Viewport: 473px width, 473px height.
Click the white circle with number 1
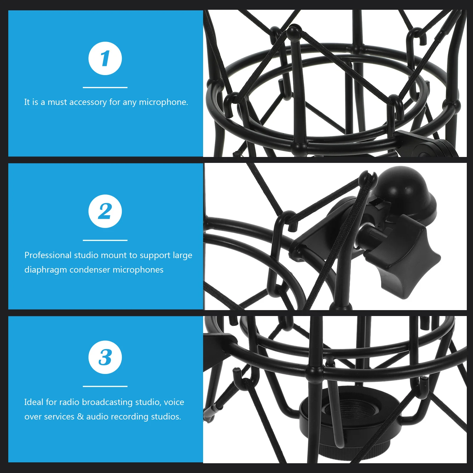tap(105, 59)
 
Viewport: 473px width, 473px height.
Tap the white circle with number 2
tap(105, 211)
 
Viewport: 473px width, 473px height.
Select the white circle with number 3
tap(105, 357)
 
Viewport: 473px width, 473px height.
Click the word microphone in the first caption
tap(163, 102)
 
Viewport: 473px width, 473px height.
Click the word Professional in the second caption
tap(48, 255)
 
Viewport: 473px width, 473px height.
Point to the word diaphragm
tap(46, 270)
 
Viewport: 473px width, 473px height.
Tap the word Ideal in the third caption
tap(34, 402)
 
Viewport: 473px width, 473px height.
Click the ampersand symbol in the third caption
tap(80, 417)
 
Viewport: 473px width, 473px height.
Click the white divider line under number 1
tap(105, 88)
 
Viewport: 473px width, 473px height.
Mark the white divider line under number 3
tap(105, 386)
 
